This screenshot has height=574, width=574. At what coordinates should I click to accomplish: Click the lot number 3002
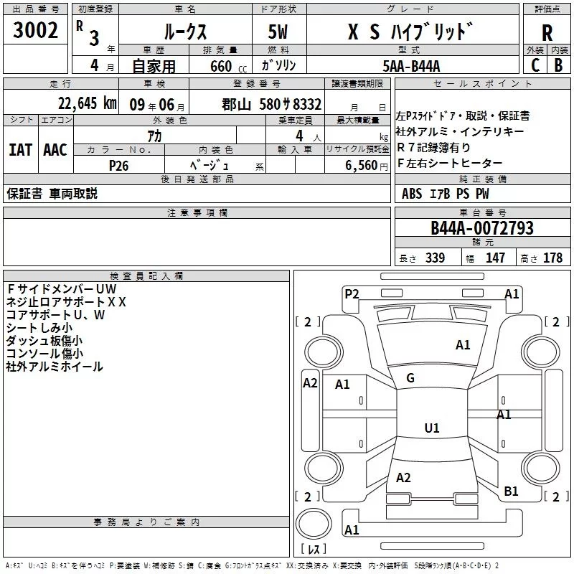tap(36, 32)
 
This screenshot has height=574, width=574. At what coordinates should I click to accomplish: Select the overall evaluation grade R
tap(547, 33)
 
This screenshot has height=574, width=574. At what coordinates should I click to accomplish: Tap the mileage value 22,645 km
tap(88, 103)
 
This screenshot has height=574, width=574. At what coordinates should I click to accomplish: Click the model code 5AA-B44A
tap(411, 65)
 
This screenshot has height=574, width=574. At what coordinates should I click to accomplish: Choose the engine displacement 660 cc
tap(220, 66)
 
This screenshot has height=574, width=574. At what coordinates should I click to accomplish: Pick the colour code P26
tap(119, 164)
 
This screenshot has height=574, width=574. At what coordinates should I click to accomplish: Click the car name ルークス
tap(183, 32)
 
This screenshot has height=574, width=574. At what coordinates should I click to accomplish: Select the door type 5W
tap(279, 32)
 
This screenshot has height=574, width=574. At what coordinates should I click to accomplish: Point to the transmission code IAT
tap(20, 150)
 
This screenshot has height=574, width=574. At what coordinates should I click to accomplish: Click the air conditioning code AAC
tap(55, 150)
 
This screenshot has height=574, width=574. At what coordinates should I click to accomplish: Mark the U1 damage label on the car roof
tap(431, 428)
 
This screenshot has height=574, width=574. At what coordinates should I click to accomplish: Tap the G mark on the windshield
tap(410, 378)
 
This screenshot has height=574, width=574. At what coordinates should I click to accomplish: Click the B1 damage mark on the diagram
tap(511, 491)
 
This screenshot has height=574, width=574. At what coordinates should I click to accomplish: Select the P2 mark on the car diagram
tap(352, 293)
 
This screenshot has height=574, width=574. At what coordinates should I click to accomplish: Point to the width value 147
tap(495, 258)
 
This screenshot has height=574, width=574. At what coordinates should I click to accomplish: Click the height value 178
tap(553, 258)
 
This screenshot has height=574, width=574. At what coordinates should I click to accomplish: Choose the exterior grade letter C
tap(535, 65)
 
